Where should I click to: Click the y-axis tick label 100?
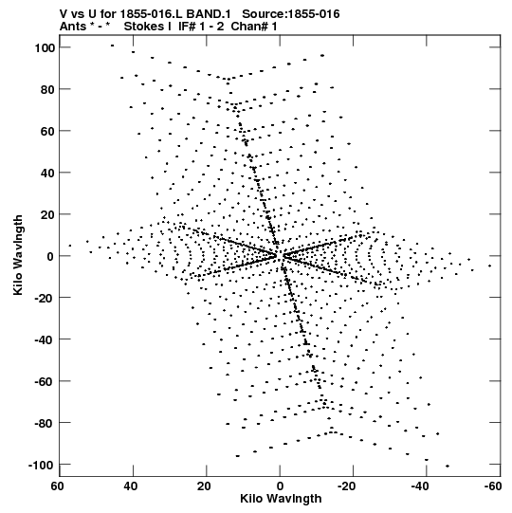[x=45, y=47]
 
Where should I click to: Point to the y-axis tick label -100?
[x=41, y=465]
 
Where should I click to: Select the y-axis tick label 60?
[x=47, y=131]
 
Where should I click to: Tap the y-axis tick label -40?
[x=45, y=339]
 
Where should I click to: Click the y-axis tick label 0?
[x=50, y=256]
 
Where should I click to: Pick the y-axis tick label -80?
[x=45, y=423]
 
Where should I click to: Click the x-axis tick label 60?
[x=57, y=486]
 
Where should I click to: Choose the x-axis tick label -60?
[x=493, y=486]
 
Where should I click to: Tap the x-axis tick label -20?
[x=346, y=486]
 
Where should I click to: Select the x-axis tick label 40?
[x=131, y=486]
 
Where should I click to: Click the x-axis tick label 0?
[x=280, y=486]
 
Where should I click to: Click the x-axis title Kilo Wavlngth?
[x=281, y=499]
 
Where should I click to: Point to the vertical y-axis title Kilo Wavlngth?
[x=18, y=255]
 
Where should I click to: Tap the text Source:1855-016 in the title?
[x=291, y=14]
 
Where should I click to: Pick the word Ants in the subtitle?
[x=73, y=27]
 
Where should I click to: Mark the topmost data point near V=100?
[x=112, y=46]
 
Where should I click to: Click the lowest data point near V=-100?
[x=448, y=466]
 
